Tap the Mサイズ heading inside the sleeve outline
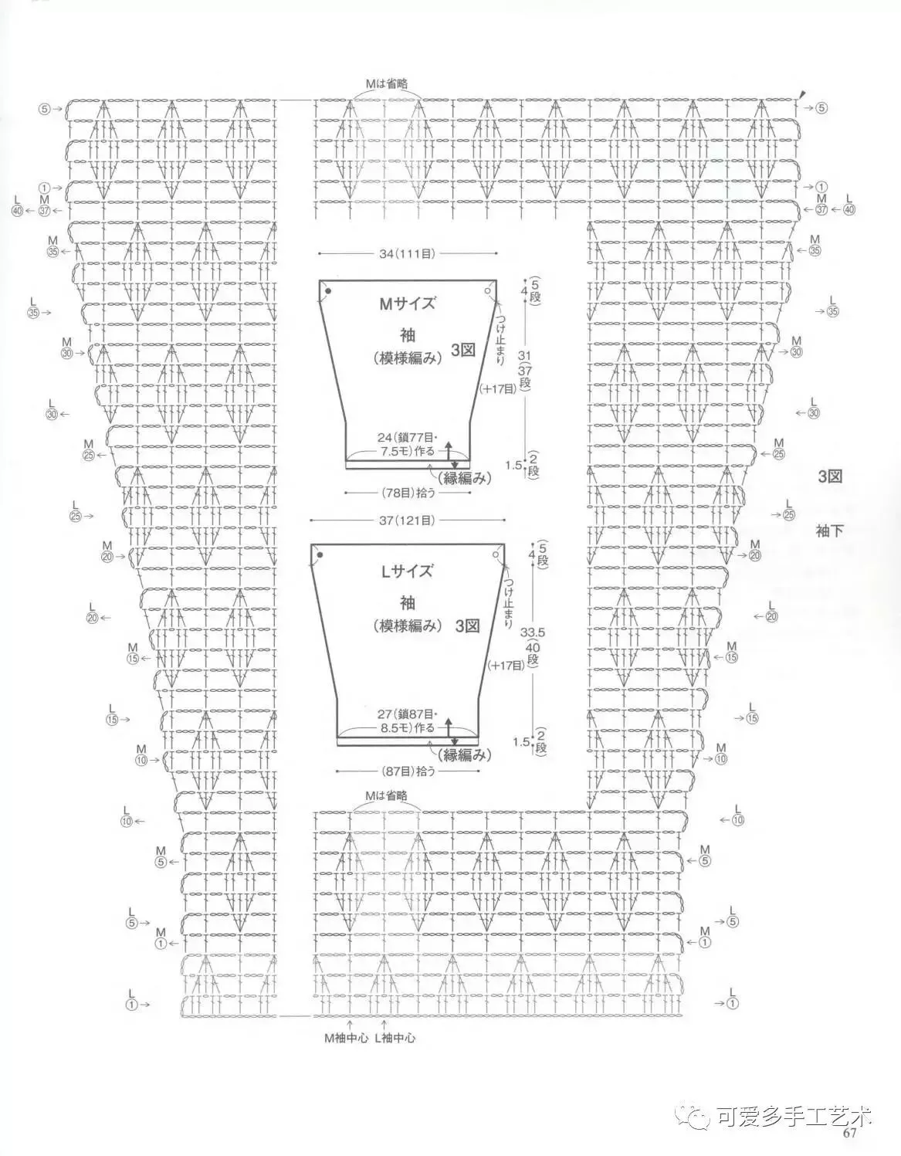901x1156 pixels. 406,303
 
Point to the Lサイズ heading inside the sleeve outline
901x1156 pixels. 406,572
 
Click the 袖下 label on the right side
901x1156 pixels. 828,531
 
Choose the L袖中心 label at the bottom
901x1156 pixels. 395,1039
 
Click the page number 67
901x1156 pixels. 850,1134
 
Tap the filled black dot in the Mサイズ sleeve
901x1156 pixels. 328,291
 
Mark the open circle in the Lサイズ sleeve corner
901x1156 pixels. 493,554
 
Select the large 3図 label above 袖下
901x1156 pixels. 830,476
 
